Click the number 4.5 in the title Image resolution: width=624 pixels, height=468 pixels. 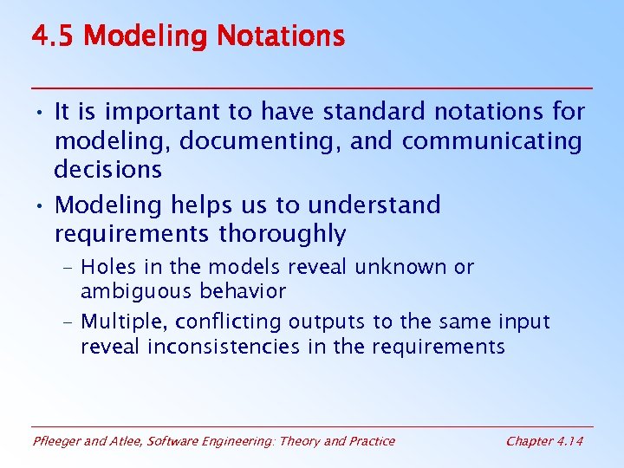click(x=54, y=37)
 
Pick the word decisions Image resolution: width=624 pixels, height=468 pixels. click(x=107, y=170)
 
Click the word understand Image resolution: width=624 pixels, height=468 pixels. click(x=374, y=205)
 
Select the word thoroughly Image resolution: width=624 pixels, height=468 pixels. click(x=283, y=234)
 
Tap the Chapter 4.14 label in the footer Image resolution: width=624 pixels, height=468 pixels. click(x=544, y=441)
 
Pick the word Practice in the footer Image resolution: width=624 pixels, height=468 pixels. click(x=371, y=441)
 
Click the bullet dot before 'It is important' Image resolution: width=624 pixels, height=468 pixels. click(x=40, y=113)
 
